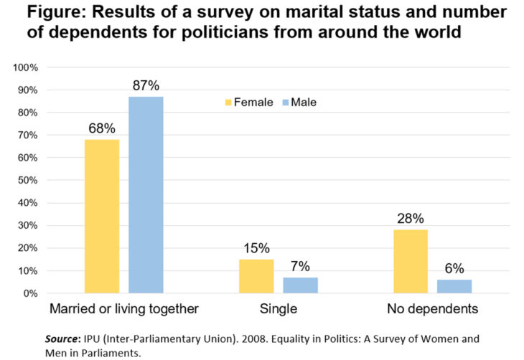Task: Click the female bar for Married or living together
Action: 102,216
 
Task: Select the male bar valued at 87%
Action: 146,194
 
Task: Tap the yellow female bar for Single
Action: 256,276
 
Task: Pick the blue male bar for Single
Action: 300,285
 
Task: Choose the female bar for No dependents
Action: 410,261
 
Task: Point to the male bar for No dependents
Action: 454,286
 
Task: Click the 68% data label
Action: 102,129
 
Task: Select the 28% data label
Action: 410,219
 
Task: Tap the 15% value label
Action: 256,248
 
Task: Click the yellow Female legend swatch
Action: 228,103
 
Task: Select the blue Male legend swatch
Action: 284,103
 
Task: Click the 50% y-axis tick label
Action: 27,180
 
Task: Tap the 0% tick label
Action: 29,293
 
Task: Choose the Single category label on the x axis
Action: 279,310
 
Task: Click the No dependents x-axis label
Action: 432,310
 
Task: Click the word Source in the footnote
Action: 61,336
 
